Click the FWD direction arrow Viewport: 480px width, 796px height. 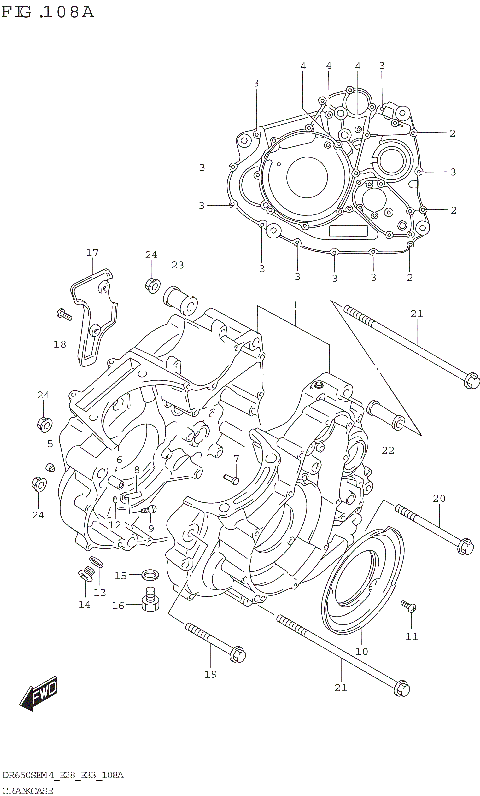click(41, 695)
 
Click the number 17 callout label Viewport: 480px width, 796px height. click(91, 252)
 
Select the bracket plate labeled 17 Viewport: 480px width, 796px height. click(93, 310)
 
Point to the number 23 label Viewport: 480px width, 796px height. click(177, 265)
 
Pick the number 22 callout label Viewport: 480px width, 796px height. click(387, 450)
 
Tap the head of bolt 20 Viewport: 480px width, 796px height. click(464, 546)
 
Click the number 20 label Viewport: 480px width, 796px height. click(438, 498)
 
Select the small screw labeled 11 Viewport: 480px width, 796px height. click(409, 608)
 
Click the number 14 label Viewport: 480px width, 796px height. click(84, 605)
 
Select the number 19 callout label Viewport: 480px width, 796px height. click(210, 675)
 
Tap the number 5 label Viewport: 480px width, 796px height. click(49, 443)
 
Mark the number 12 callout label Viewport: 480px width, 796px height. click(100, 592)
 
